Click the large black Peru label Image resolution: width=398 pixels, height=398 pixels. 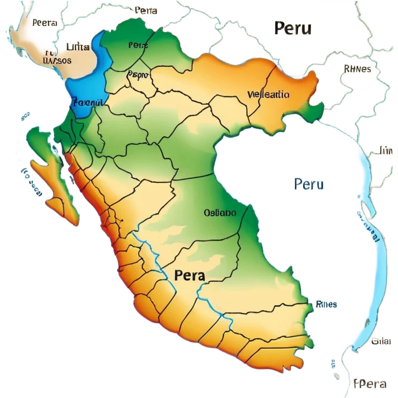point(293,28)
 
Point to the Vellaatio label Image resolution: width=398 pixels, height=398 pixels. point(268,95)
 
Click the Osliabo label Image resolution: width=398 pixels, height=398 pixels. point(220,212)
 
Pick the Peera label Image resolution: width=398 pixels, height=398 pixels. point(44,23)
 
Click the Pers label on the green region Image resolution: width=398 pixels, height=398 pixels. point(138,45)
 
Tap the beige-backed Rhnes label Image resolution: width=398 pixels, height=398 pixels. point(357,68)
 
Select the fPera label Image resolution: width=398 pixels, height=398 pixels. point(370,384)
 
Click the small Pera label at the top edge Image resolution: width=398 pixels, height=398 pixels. point(146,10)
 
